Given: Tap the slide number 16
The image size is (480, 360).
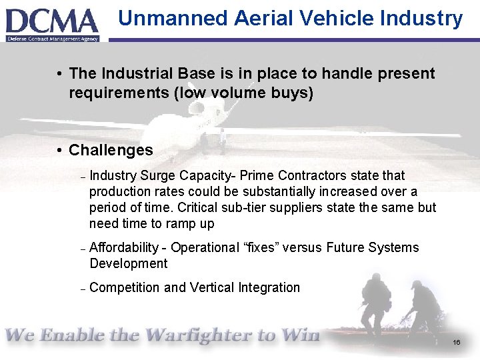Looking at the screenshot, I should coord(457,342).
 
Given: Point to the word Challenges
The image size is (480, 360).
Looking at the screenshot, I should coord(111,151).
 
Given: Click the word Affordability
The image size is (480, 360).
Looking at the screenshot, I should coord(123,247).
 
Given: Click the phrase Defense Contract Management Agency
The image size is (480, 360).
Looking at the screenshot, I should coord(53,39).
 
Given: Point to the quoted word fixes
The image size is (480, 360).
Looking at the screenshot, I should coord(259,247).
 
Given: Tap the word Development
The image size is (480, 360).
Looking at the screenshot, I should coord(128,263).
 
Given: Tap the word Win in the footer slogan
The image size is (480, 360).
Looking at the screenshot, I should coord(299,335).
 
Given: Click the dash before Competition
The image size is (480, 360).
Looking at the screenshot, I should coord(83,289).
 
